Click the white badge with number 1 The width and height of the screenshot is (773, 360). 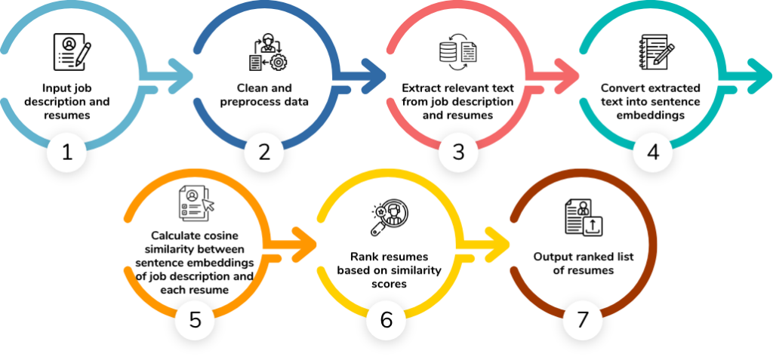(67, 152)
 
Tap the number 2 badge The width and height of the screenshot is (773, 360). (263, 152)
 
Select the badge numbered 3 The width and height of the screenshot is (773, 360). (458, 152)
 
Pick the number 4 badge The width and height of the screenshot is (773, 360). (653, 152)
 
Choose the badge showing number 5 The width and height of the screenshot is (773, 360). (195, 321)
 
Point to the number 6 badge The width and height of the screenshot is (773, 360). (386, 321)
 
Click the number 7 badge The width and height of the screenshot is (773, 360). (582, 321)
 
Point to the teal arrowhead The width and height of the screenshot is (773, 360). (762, 76)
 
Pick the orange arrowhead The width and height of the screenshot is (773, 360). (306, 245)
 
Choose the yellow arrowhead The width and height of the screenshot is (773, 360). (500, 245)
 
